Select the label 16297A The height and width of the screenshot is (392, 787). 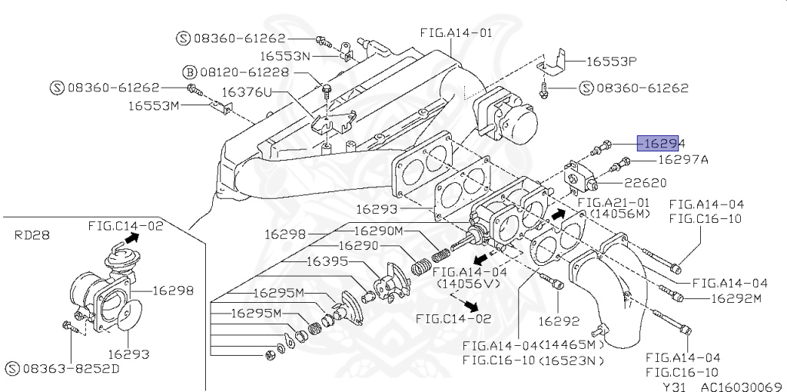pyautogui.click(x=682, y=161)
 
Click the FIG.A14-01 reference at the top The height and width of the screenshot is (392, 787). pyautogui.click(x=456, y=34)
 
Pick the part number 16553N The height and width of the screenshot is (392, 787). pyautogui.click(x=284, y=56)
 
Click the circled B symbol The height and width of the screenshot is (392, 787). pyautogui.click(x=188, y=71)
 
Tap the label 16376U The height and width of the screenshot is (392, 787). pyautogui.click(x=247, y=92)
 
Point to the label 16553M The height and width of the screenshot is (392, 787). pyautogui.click(x=153, y=105)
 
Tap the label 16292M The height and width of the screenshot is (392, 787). pyautogui.click(x=736, y=298)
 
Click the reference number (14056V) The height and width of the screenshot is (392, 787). pyautogui.click(x=470, y=284)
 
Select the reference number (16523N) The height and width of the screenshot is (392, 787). pyautogui.click(x=569, y=360)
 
